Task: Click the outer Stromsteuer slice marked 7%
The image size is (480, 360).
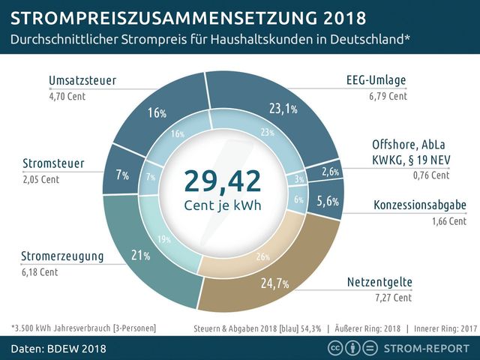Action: coord(120,174)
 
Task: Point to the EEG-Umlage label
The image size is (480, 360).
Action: coord(376,82)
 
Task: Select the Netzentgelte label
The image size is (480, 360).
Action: coord(379,283)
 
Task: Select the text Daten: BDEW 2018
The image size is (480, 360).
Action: coord(58,348)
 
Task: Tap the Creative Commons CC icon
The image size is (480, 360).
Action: coord(335,348)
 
